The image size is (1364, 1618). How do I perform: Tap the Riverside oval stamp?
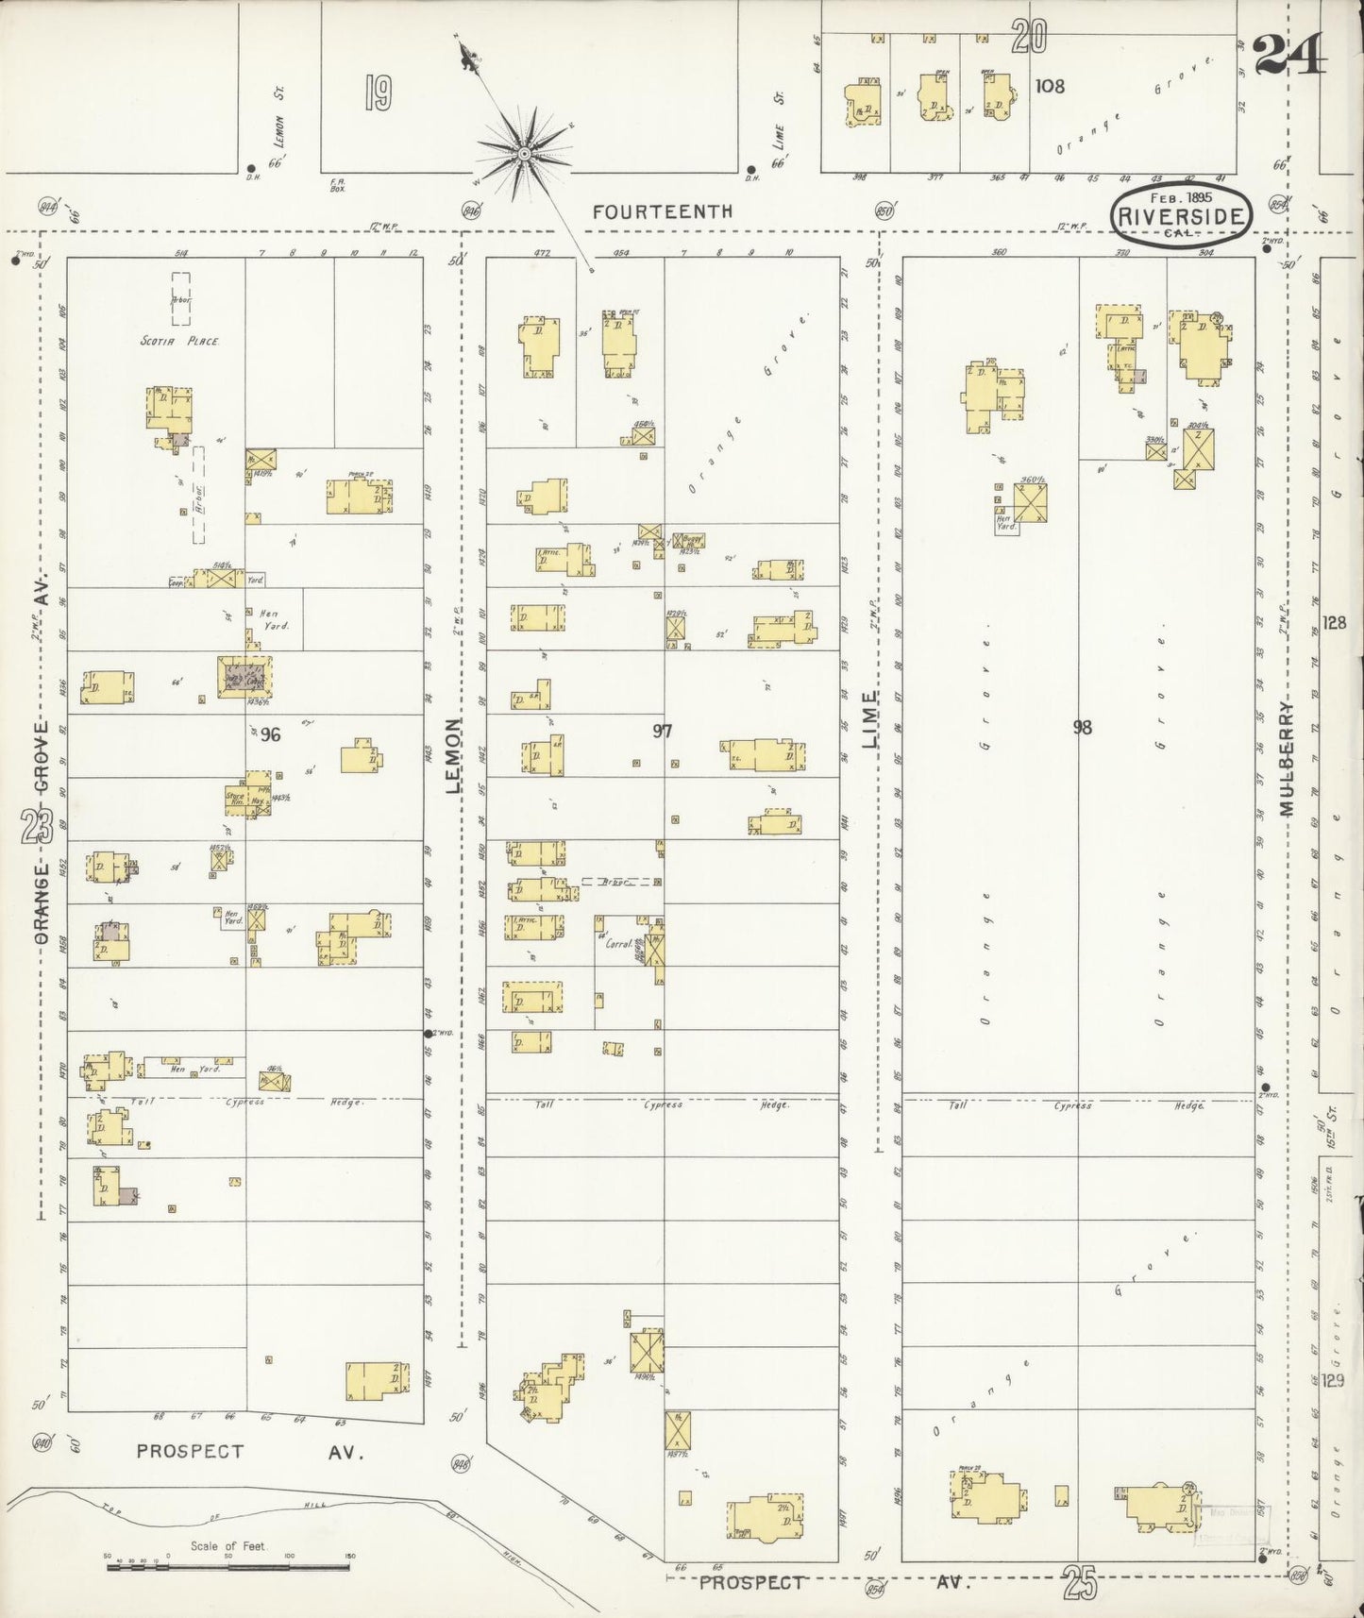pyautogui.click(x=1181, y=215)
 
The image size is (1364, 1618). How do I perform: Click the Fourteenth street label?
pyautogui.click(x=662, y=212)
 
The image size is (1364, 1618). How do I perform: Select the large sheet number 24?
pyautogui.click(x=1289, y=53)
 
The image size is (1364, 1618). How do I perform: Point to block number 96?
pyautogui.click(x=271, y=734)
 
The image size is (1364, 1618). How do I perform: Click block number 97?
pyautogui.click(x=663, y=731)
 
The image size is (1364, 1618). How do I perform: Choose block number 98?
pyautogui.click(x=1082, y=727)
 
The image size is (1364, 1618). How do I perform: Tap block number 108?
pyautogui.click(x=1049, y=86)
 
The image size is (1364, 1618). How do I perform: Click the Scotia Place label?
pyautogui.click(x=179, y=341)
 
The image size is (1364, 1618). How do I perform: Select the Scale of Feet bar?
pyautogui.click(x=228, y=1567)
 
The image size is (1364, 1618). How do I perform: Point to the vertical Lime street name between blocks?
pyautogui.click(x=869, y=720)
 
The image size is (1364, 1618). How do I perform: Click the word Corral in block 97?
pyautogui.click(x=617, y=940)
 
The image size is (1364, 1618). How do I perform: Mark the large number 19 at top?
pyautogui.click(x=377, y=93)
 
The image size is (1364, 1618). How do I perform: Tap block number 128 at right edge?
pyautogui.click(x=1334, y=623)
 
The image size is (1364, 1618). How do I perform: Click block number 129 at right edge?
pyautogui.click(x=1333, y=1381)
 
